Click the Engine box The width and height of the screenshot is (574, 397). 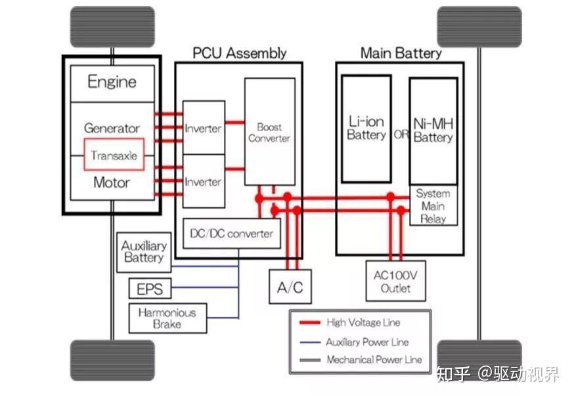pyautogui.click(x=112, y=83)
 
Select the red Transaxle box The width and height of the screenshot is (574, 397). pyautogui.click(x=114, y=154)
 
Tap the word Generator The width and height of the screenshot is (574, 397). pyautogui.click(x=112, y=128)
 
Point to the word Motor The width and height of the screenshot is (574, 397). pyautogui.click(x=112, y=182)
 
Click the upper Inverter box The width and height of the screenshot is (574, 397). pyautogui.click(x=204, y=127)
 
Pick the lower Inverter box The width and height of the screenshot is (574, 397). pyautogui.click(x=204, y=181)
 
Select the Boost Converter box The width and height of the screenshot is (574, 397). pyautogui.click(x=270, y=132)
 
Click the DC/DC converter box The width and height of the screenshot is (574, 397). pyautogui.click(x=232, y=234)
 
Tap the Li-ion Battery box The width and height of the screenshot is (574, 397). pyautogui.click(x=366, y=129)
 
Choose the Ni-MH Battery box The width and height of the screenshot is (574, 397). pyautogui.click(x=433, y=131)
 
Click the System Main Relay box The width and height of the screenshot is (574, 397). pyautogui.click(x=433, y=205)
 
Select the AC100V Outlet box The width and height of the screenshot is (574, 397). pyautogui.click(x=396, y=281)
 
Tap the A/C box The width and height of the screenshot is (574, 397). pyautogui.click(x=290, y=287)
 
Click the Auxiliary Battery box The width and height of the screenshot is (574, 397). pyautogui.click(x=144, y=252)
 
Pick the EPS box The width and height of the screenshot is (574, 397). pyautogui.click(x=150, y=288)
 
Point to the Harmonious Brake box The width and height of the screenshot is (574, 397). pyautogui.click(x=167, y=318)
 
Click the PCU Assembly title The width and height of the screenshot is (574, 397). pyautogui.click(x=240, y=53)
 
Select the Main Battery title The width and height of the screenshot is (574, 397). pyautogui.click(x=401, y=53)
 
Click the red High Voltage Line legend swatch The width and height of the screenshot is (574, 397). pyautogui.click(x=310, y=323)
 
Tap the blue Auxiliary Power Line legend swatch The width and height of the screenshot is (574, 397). pyautogui.click(x=310, y=343)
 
